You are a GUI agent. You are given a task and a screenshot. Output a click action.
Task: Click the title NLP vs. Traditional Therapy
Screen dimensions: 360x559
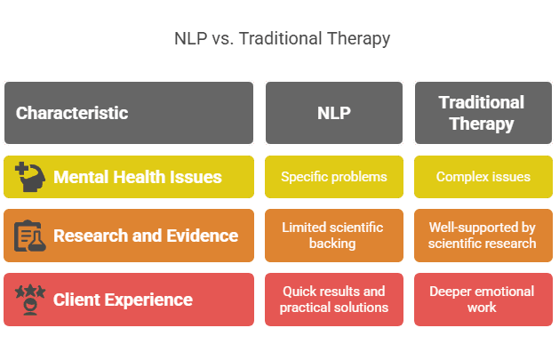(280, 39)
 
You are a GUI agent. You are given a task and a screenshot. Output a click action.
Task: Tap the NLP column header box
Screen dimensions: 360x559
(333, 113)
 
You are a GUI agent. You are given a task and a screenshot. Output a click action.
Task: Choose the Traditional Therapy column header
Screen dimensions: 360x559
(482, 113)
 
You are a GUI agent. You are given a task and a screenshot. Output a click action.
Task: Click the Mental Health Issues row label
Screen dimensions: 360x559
(137, 177)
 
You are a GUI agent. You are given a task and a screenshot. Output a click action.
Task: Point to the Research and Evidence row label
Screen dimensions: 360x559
(146, 236)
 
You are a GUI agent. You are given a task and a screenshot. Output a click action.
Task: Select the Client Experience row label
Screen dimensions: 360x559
(123, 300)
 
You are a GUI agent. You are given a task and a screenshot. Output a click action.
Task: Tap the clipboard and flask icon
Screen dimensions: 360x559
(30, 236)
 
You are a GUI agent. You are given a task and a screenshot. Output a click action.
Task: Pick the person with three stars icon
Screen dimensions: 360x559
(30, 300)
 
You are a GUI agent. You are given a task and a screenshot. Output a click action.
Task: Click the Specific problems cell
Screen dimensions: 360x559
(333, 177)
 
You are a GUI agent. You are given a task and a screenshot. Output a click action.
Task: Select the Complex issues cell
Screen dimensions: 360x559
(483, 177)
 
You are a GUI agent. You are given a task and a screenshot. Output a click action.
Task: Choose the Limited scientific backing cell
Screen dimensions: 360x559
(333, 236)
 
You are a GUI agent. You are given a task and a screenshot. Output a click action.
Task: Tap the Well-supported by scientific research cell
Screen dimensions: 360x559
(483, 236)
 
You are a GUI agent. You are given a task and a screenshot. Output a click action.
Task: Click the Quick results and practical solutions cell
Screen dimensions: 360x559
(333, 300)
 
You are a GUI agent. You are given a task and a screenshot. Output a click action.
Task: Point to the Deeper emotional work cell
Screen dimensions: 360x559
(483, 300)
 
